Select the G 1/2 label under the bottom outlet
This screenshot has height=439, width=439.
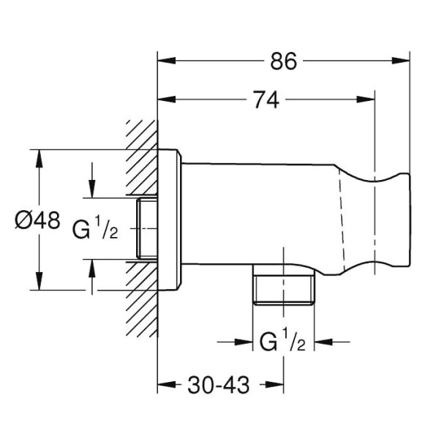[282, 342]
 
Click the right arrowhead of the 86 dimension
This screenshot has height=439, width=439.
[403, 62]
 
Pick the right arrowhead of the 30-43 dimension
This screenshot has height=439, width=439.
[277, 383]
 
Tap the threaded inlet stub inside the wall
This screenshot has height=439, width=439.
[147, 228]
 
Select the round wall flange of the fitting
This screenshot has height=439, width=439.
[170, 219]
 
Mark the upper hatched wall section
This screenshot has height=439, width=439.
[140, 157]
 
